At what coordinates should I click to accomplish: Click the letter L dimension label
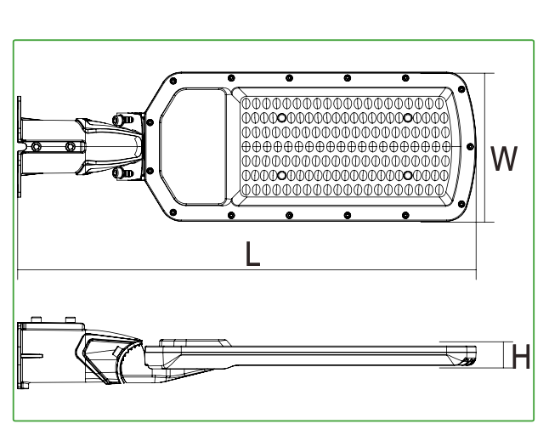point(252,254)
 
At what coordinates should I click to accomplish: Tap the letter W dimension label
point(504,158)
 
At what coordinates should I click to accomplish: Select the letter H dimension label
point(521,356)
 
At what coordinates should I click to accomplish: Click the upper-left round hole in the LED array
point(281,118)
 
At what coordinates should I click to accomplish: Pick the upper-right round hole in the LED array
point(408,118)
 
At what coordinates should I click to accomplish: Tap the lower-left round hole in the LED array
point(281,175)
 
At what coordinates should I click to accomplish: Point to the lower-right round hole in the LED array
point(408,175)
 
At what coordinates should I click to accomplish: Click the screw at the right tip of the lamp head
point(470,147)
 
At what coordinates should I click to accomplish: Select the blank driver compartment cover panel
point(194,147)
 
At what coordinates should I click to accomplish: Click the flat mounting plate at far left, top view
point(20,147)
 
